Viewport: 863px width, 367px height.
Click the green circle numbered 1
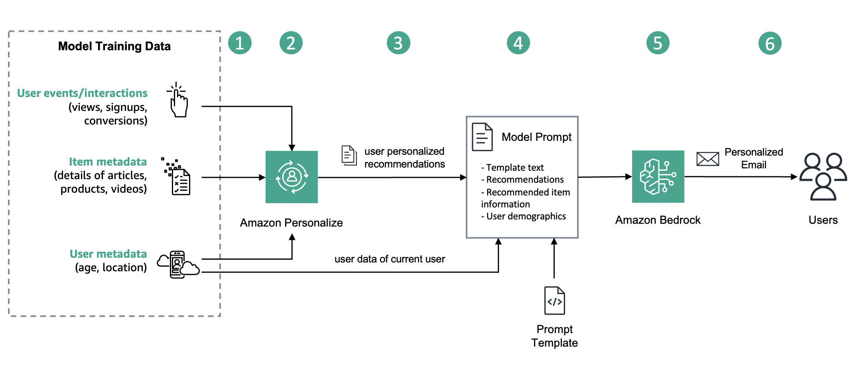click(x=240, y=43)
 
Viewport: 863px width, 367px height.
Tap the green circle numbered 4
click(x=518, y=43)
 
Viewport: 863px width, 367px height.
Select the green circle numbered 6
click(x=770, y=43)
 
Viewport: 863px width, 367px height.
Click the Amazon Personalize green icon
click(x=292, y=177)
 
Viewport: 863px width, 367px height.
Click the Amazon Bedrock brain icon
click(x=658, y=176)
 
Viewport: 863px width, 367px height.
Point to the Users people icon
click(x=823, y=176)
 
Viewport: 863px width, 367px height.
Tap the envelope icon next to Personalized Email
click(x=707, y=159)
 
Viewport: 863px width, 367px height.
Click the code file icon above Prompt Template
click(x=554, y=301)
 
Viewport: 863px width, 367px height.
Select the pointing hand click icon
click(x=178, y=100)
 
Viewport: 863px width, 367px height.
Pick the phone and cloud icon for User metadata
click(x=178, y=264)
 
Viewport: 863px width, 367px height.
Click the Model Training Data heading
click(x=114, y=46)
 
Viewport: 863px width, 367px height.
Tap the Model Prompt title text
click(x=536, y=137)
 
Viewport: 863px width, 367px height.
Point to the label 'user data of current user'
click(x=390, y=259)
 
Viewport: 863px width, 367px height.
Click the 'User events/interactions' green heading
click(x=82, y=93)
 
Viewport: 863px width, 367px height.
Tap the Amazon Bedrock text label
click(x=658, y=220)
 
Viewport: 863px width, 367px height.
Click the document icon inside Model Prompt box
click(x=482, y=137)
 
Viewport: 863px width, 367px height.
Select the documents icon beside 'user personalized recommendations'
click(x=349, y=156)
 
